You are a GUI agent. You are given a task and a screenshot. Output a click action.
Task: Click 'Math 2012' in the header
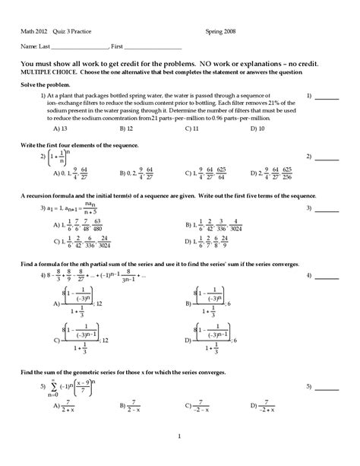[x=34, y=31]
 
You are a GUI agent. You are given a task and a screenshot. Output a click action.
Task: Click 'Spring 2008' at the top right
[x=220, y=31]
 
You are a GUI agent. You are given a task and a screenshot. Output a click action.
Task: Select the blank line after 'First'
[x=153, y=47]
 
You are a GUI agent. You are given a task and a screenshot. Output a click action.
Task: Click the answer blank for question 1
[x=327, y=98]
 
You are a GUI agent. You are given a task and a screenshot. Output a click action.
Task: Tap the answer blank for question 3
[x=327, y=208]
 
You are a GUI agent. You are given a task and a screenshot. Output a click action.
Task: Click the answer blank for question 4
[x=327, y=274]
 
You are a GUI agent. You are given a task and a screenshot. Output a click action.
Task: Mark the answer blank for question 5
[x=327, y=388]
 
